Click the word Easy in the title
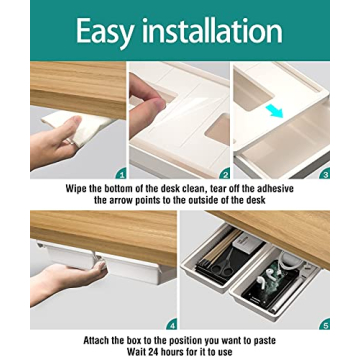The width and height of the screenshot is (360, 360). coord(106,32)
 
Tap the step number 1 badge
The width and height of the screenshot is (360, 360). coord(120,173)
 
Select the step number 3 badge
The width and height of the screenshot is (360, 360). coord(324,173)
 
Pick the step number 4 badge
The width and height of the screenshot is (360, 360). coord(171,324)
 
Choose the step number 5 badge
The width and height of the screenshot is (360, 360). coord(323,324)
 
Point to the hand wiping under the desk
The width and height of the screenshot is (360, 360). coord(45,140)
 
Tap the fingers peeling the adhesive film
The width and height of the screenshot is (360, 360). coord(150,100)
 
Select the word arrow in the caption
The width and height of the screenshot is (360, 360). coord(127,200)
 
